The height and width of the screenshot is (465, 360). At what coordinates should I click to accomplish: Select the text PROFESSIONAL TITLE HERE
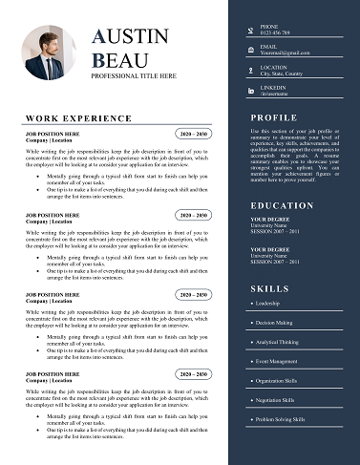(134, 75)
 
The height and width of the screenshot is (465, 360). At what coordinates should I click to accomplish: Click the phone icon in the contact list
(251, 29)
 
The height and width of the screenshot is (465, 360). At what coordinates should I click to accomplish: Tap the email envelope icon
(251, 49)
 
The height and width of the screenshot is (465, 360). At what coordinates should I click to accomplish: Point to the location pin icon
(251, 70)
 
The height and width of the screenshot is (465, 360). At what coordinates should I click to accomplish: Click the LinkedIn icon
(251, 91)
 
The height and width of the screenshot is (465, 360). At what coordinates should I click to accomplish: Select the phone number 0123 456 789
(278, 32)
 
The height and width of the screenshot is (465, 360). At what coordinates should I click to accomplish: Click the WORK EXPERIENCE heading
(78, 118)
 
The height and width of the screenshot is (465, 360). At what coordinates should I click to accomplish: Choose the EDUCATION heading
(282, 205)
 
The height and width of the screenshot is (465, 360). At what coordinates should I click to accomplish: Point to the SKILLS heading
(270, 288)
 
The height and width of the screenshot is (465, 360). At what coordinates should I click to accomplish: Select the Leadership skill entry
(267, 304)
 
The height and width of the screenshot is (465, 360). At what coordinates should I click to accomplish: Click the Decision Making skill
(273, 323)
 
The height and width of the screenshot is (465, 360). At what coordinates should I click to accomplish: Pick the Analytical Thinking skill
(277, 342)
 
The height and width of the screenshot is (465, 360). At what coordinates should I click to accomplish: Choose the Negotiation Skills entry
(277, 400)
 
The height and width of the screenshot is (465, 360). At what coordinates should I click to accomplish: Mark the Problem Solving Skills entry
(280, 419)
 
